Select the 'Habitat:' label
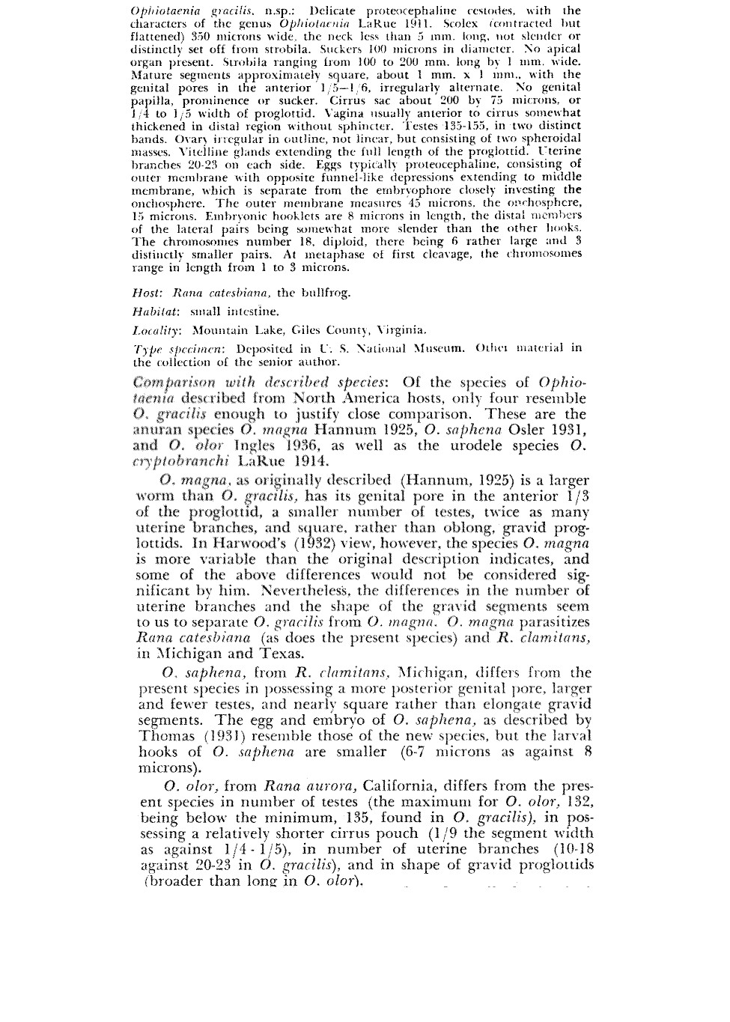click(x=154, y=311)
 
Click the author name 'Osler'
click(x=527, y=430)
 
